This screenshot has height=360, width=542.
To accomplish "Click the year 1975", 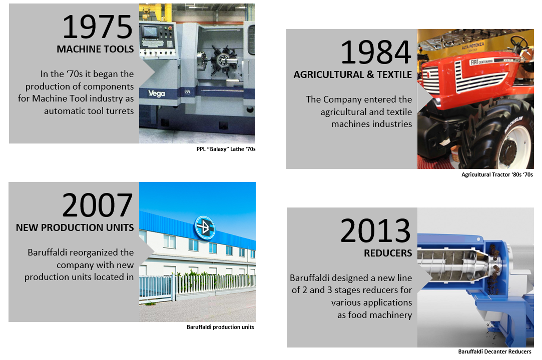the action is (97, 27).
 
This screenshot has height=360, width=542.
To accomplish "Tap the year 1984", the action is (376, 52).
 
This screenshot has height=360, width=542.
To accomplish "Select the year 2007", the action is (97, 205).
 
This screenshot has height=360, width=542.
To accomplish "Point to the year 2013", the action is (375, 231).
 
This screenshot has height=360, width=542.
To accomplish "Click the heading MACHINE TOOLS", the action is (95, 49).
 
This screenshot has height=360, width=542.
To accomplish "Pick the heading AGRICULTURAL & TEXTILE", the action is (353, 74).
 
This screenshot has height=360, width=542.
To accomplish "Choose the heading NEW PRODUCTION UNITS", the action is (75, 227).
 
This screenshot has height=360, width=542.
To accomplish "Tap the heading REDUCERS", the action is (388, 253).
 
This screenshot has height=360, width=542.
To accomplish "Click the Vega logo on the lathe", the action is (157, 93).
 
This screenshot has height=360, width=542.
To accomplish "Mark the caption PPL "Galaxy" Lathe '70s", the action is (226, 149).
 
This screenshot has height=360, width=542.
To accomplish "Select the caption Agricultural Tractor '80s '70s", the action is (497, 175).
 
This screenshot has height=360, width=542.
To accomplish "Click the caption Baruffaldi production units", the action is (220, 327).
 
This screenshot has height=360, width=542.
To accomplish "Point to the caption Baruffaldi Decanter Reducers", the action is (494, 351).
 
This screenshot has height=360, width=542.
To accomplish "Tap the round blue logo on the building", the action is (205, 227).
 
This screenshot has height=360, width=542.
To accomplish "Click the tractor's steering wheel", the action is (519, 43).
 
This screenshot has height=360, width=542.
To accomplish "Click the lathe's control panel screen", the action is (150, 32).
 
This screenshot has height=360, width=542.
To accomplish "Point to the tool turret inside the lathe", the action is (223, 61).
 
